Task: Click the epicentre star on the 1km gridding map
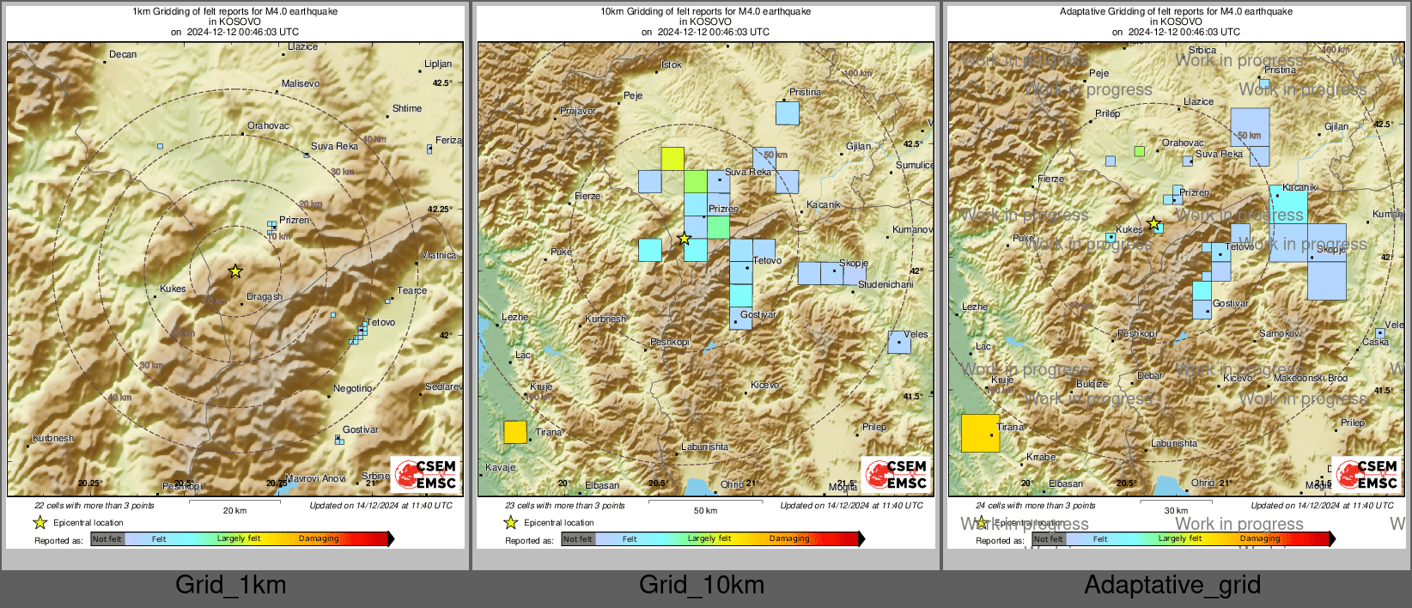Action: coord(235,271)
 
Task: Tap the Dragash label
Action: coord(264,297)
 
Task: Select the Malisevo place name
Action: coord(301,84)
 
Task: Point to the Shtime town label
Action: coord(407,109)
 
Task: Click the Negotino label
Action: coord(352,389)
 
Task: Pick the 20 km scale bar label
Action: coord(234,511)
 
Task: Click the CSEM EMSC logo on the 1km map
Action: coord(426,474)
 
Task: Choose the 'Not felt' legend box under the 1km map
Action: coord(107,539)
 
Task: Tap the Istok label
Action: coord(672,65)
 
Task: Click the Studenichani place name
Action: coord(886,285)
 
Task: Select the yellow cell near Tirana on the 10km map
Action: coord(515,432)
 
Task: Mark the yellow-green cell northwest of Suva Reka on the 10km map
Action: coord(673,159)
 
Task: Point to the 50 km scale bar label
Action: coord(705,511)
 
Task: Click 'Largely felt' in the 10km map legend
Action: coord(709,539)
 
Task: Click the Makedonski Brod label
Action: coord(1310,379)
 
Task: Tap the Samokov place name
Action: coord(1279,334)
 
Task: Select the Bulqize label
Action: coord(1092,385)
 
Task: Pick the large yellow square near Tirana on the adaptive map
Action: coord(980,433)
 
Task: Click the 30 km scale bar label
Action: coord(1176,511)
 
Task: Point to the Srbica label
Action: coord(1202,51)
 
